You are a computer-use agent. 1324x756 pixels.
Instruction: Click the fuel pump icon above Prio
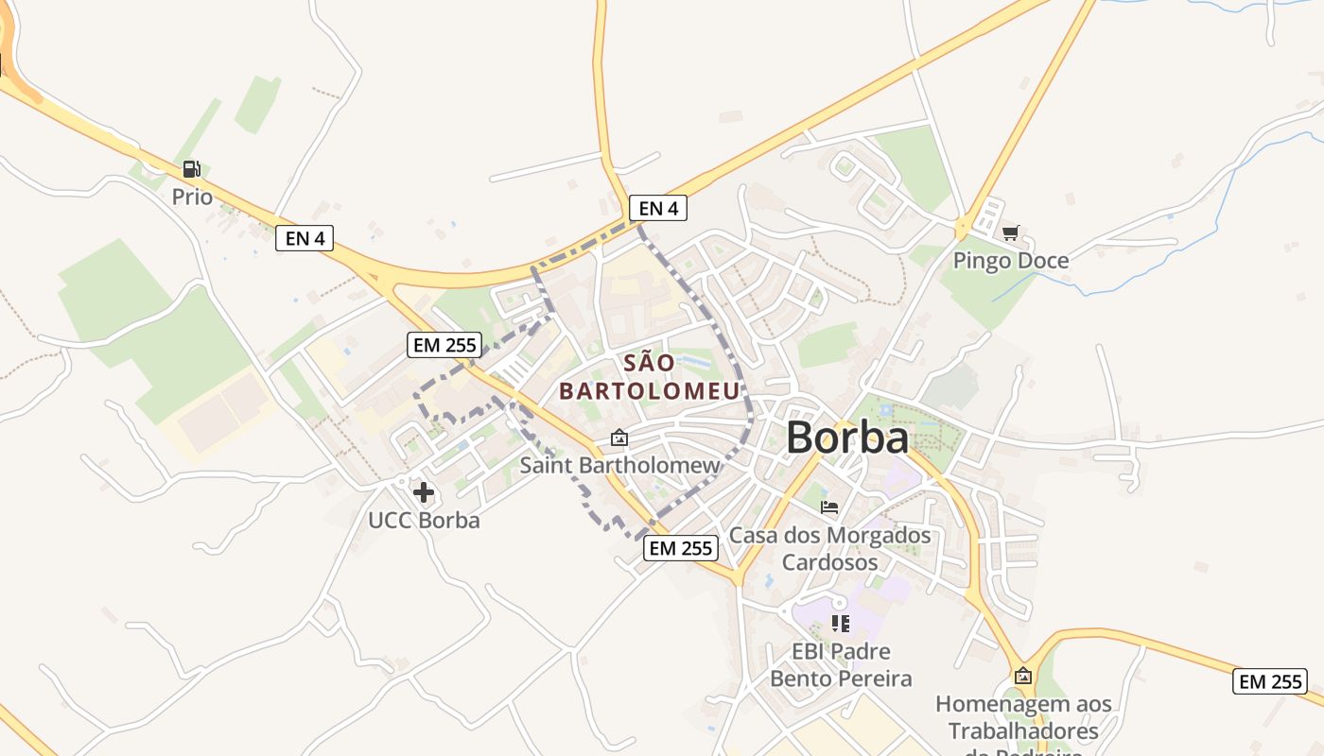(x=191, y=169)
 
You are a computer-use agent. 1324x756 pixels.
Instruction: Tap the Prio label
(x=192, y=197)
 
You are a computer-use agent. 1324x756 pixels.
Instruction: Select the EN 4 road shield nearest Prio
(x=305, y=238)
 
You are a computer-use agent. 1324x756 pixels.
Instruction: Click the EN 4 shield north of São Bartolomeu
(x=658, y=208)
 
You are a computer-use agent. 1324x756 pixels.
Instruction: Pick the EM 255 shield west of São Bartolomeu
(x=444, y=345)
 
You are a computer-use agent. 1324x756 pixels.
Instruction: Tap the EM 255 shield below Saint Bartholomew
(x=681, y=548)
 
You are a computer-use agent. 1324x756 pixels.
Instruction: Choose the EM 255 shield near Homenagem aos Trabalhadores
(x=1269, y=681)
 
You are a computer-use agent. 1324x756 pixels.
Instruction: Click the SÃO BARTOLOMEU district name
(x=650, y=376)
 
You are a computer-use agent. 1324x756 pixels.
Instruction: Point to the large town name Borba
(x=846, y=438)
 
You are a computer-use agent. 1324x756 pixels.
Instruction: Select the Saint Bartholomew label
(x=619, y=465)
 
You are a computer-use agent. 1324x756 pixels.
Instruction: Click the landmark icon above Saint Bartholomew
(x=619, y=438)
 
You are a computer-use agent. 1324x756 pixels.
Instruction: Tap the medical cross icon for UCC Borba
(x=424, y=492)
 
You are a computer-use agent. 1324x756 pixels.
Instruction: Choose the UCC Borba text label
(x=424, y=520)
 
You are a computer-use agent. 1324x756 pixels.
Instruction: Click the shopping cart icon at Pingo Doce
(x=1011, y=232)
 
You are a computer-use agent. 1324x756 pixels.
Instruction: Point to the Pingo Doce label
(x=1011, y=260)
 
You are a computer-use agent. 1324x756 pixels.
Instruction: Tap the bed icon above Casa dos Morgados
(x=829, y=507)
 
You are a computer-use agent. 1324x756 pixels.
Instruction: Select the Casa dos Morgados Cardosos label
(x=829, y=548)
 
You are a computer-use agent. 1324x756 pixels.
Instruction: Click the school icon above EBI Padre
(x=840, y=623)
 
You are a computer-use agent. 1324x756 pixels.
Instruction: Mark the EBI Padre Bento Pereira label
(x=840, y=664)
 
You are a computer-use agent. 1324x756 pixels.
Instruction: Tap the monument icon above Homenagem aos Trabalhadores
(x=1023, y=676)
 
